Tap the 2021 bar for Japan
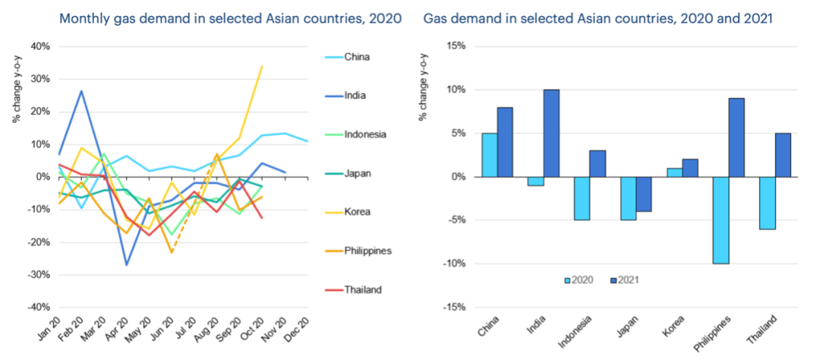point(644,194)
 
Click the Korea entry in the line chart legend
point(357,211)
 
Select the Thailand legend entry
point(363,289)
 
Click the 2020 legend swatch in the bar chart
point(568,280)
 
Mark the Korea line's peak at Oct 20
point(262,66)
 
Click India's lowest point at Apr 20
point(126,265)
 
